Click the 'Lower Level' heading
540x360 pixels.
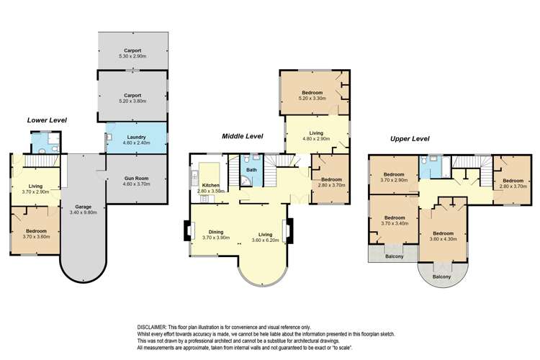(x=47, y=120)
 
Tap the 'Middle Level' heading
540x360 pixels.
(x=242, y=135)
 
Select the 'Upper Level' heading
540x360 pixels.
(x=409, y=138)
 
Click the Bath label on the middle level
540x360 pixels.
(x=251, y=171)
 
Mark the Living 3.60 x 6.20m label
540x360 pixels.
(x=265, y=235)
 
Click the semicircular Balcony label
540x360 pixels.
(x=441, y=277)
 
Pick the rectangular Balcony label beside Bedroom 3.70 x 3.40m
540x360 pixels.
(x=393, y=256)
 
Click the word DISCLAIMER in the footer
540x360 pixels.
(x=153, y=326)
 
